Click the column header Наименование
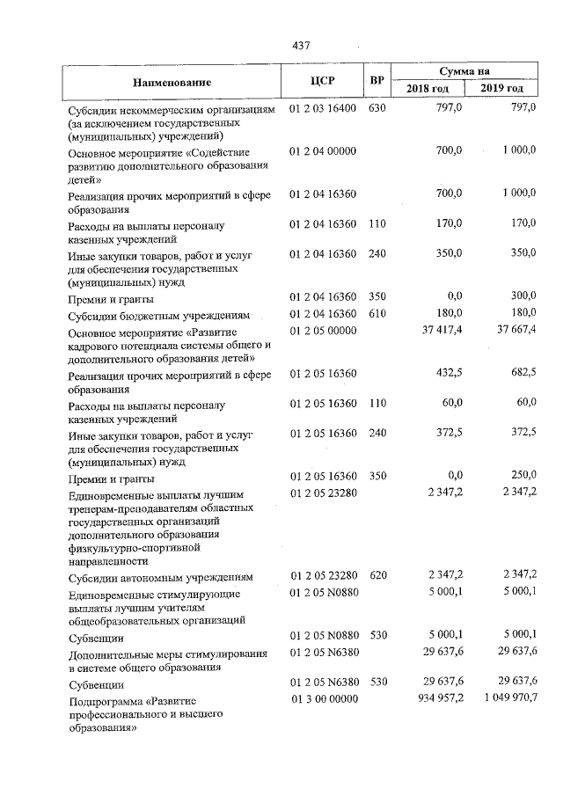(x=172, y=83)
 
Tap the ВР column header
(x=377, y=82)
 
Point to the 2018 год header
(x=428, y=90)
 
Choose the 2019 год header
(x=502, y=90)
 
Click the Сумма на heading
(x=466, y=71)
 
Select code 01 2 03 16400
(x=323, y=108)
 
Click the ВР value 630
(x=377, y=108)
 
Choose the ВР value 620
(x=377, y=576)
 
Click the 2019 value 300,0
(x=522, y=296)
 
